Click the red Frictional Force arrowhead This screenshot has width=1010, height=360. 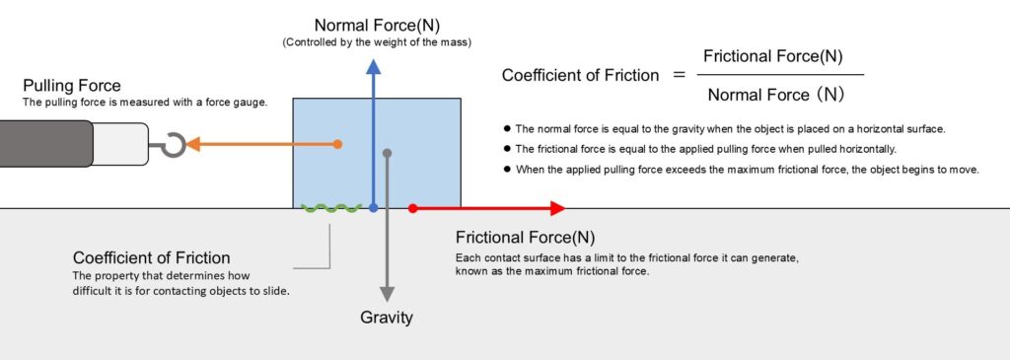[556, 208]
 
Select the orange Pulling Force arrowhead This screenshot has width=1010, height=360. [194, 144]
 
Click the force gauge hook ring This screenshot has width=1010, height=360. [175, 145]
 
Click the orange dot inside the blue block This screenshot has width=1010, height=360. [337, 144]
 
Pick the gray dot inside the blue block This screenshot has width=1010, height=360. [388, 153]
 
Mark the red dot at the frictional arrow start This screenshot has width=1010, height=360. [413, 208]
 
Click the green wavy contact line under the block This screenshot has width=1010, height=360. [331, 208]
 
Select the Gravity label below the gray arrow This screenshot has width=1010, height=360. [387, 318]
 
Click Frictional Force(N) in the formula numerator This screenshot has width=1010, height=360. [772, 56]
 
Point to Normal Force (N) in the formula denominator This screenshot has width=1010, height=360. [773, 96]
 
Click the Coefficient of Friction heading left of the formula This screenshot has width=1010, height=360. [580, 76]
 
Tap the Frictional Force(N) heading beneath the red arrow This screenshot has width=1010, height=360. [525, 238]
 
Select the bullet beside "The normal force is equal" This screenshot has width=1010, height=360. [507, 128]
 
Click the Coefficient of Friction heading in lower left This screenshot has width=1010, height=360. [152, 257]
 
